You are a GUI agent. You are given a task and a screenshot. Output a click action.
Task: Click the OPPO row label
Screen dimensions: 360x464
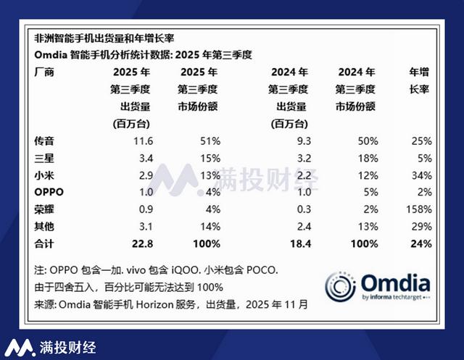(x=49, y=192)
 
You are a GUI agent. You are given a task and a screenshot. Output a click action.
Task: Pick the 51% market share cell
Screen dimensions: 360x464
(x=210, y=140)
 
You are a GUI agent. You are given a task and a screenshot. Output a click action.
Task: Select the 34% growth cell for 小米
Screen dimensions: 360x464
(x=423, y=175)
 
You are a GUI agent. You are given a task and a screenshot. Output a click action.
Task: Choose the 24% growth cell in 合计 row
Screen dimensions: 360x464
(x=423, y=244)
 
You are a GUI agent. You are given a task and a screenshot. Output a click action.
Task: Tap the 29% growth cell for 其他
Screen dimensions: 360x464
(x=423, y=227)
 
